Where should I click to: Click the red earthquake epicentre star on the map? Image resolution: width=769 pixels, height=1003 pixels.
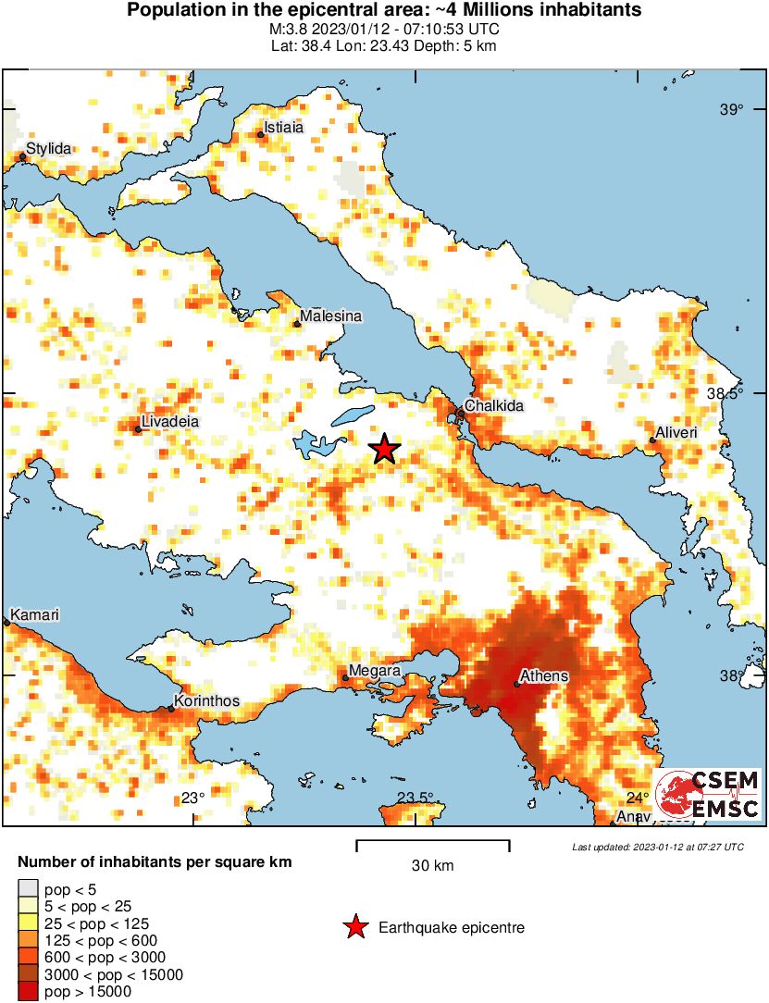(384, 450)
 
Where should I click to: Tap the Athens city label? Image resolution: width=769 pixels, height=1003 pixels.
(544, 676)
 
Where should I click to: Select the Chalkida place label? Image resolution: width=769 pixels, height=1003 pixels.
(494, 406)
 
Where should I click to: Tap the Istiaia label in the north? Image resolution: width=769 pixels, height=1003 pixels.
(283, 128)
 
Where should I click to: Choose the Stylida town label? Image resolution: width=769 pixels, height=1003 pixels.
(48, 148)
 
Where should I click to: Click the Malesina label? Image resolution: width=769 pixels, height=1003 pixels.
(329, 316)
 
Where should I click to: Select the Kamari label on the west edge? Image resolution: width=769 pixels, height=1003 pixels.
(34, 615)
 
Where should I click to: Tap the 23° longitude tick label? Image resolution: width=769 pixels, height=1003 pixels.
(192, 799)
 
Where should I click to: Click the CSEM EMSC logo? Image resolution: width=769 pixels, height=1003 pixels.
(708, 795)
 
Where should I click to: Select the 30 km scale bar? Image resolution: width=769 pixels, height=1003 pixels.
(433, 844)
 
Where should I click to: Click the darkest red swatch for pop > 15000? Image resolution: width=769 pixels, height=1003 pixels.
(29, 991)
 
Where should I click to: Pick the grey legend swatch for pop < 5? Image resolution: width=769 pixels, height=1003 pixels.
(29, 889)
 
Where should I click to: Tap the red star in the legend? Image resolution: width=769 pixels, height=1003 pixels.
(354, 928)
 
